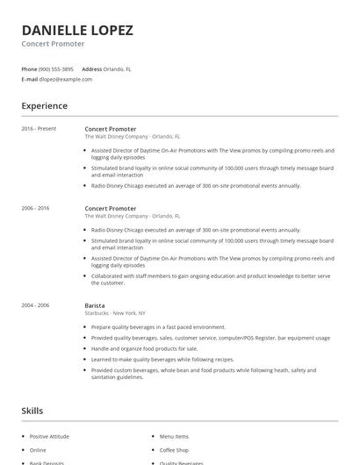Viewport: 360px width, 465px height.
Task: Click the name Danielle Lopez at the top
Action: pyautogui.click(x=77, y=30)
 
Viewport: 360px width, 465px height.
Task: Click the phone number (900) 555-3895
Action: pyautogui.click(x=56, y=68)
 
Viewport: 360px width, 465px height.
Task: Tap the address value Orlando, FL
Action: pyautogui.click(x=118, y=68)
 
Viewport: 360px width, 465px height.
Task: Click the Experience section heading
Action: pyautogui.click(x=44, y=106)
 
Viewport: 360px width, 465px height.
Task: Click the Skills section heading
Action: pyautogui.click(x=32, y=411)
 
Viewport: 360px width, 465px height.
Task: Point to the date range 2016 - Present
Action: pyautogui.click(x=39, y=129)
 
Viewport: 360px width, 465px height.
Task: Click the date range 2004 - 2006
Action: pyautogui.click(x=36, y=305)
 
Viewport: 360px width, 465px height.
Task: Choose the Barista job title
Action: pyautogui.click(x=96, y=305)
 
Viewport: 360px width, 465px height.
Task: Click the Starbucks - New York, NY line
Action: pyautogui.click(x=115, y=313)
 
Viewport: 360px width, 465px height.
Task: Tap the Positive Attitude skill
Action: pyautogui.click(x=51, y=436)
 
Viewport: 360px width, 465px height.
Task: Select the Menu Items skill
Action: pyautogui.click(x=174, y=436)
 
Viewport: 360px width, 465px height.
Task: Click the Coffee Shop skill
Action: pyautogui.click(x=175, y=450)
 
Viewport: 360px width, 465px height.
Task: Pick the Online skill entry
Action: pyautogui.click(x=38, y=450)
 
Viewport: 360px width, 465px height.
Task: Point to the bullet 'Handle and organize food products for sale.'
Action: pyautogui.click(x=144, y=348)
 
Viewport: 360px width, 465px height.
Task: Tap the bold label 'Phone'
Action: pyautogui.click(x=29, y=68)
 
